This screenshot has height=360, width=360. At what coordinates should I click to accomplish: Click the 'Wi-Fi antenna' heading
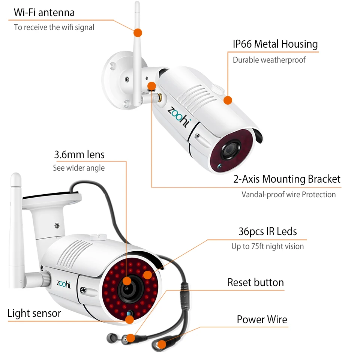[x=44, y=12]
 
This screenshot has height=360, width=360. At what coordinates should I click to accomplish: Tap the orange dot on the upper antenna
[x=138, y=32]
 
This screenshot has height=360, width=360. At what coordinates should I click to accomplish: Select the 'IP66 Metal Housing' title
[x=275, y=44]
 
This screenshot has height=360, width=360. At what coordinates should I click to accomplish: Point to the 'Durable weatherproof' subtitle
[x=269, y=60]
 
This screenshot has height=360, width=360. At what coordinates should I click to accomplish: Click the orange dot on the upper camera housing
[x=228, y=100]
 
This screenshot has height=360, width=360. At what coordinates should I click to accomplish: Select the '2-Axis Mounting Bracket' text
[x=287, y=179]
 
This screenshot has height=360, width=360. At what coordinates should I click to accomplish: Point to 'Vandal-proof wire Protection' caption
[x=288, y=195]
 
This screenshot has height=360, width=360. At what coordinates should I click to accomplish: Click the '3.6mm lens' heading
[x=79, y=154]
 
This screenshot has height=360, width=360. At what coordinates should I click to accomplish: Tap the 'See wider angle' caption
[x=79, y=168]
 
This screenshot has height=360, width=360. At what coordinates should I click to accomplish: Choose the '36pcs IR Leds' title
[x=267, y=231]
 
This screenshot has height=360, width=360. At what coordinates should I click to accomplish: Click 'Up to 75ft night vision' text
[x=267, y=246]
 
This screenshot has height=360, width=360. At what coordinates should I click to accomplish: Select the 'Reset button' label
[x=256, y=282]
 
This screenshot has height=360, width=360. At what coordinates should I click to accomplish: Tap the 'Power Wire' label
[x=262, y=319]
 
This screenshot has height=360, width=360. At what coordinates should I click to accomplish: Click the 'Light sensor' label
[x=34, y=313]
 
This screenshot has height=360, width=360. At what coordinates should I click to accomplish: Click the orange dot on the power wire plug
[x=161, y=344]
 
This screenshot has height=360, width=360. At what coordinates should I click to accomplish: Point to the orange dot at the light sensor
[x=129, y=319]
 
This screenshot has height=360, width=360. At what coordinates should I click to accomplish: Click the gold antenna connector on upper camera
[x=158, y=97]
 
